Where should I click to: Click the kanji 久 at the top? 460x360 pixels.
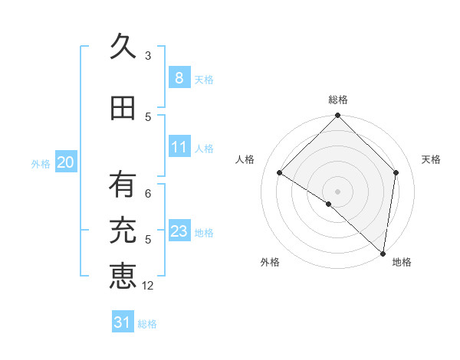(122, 47)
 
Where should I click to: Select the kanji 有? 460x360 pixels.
(122, 184)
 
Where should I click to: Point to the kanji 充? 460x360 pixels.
(122, 231)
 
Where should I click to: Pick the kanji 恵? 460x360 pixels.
(122, 276)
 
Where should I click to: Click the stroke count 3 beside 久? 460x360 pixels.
(148, 55)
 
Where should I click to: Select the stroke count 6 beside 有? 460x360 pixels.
(148, 193)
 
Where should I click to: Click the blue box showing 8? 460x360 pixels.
(179, 77)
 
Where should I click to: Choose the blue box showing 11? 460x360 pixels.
(179, 147)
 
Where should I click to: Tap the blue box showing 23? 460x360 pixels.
(179, 231)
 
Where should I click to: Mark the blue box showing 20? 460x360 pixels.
(65, 162)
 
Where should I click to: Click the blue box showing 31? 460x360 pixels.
(122, 322)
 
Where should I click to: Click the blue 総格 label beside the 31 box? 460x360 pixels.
(147, 324)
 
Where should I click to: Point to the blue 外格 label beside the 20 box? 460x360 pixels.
(41, 163)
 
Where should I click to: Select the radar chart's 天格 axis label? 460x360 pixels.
(431, 159)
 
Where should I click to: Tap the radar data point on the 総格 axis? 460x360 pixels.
(337, 116)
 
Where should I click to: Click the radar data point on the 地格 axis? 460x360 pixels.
(383, 254)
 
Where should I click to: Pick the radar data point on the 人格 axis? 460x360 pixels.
(280, 173)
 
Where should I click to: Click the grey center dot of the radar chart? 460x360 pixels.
(337, 191)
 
